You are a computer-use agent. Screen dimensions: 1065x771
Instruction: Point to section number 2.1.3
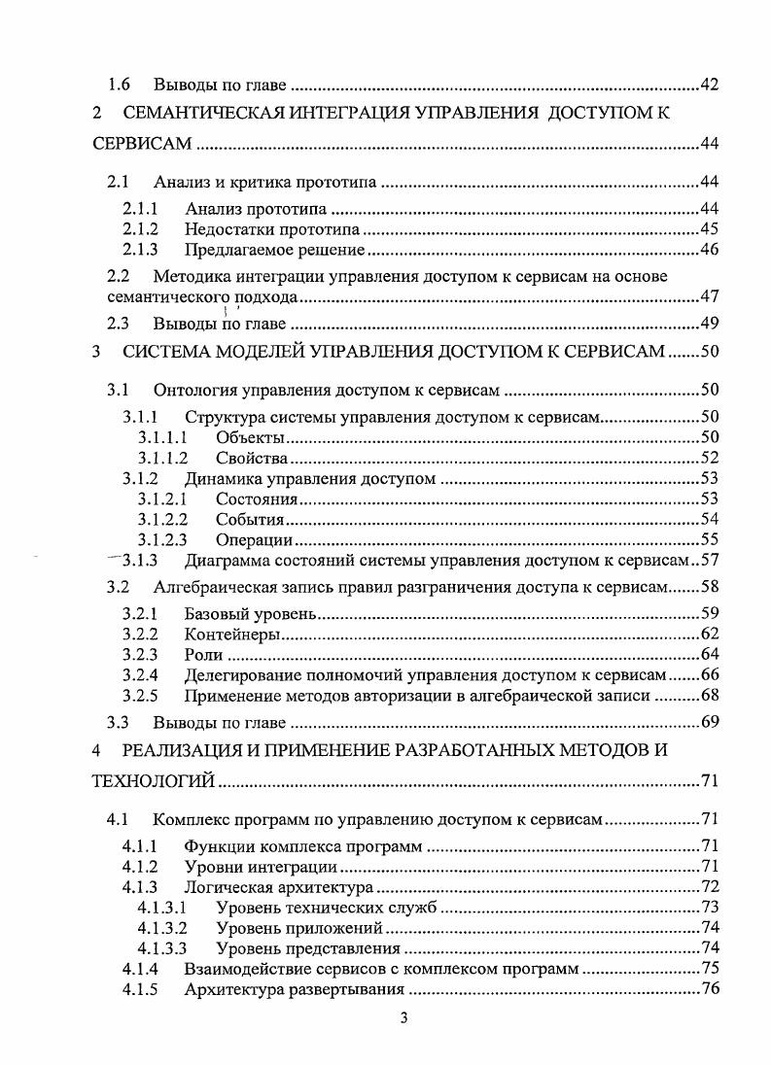click(141, 250)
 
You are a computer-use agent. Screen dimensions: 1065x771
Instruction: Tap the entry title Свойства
click(252, 458)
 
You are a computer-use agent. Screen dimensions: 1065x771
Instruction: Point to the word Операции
click(255, 539)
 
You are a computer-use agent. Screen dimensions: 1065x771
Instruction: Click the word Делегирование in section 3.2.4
click(241, 674)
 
